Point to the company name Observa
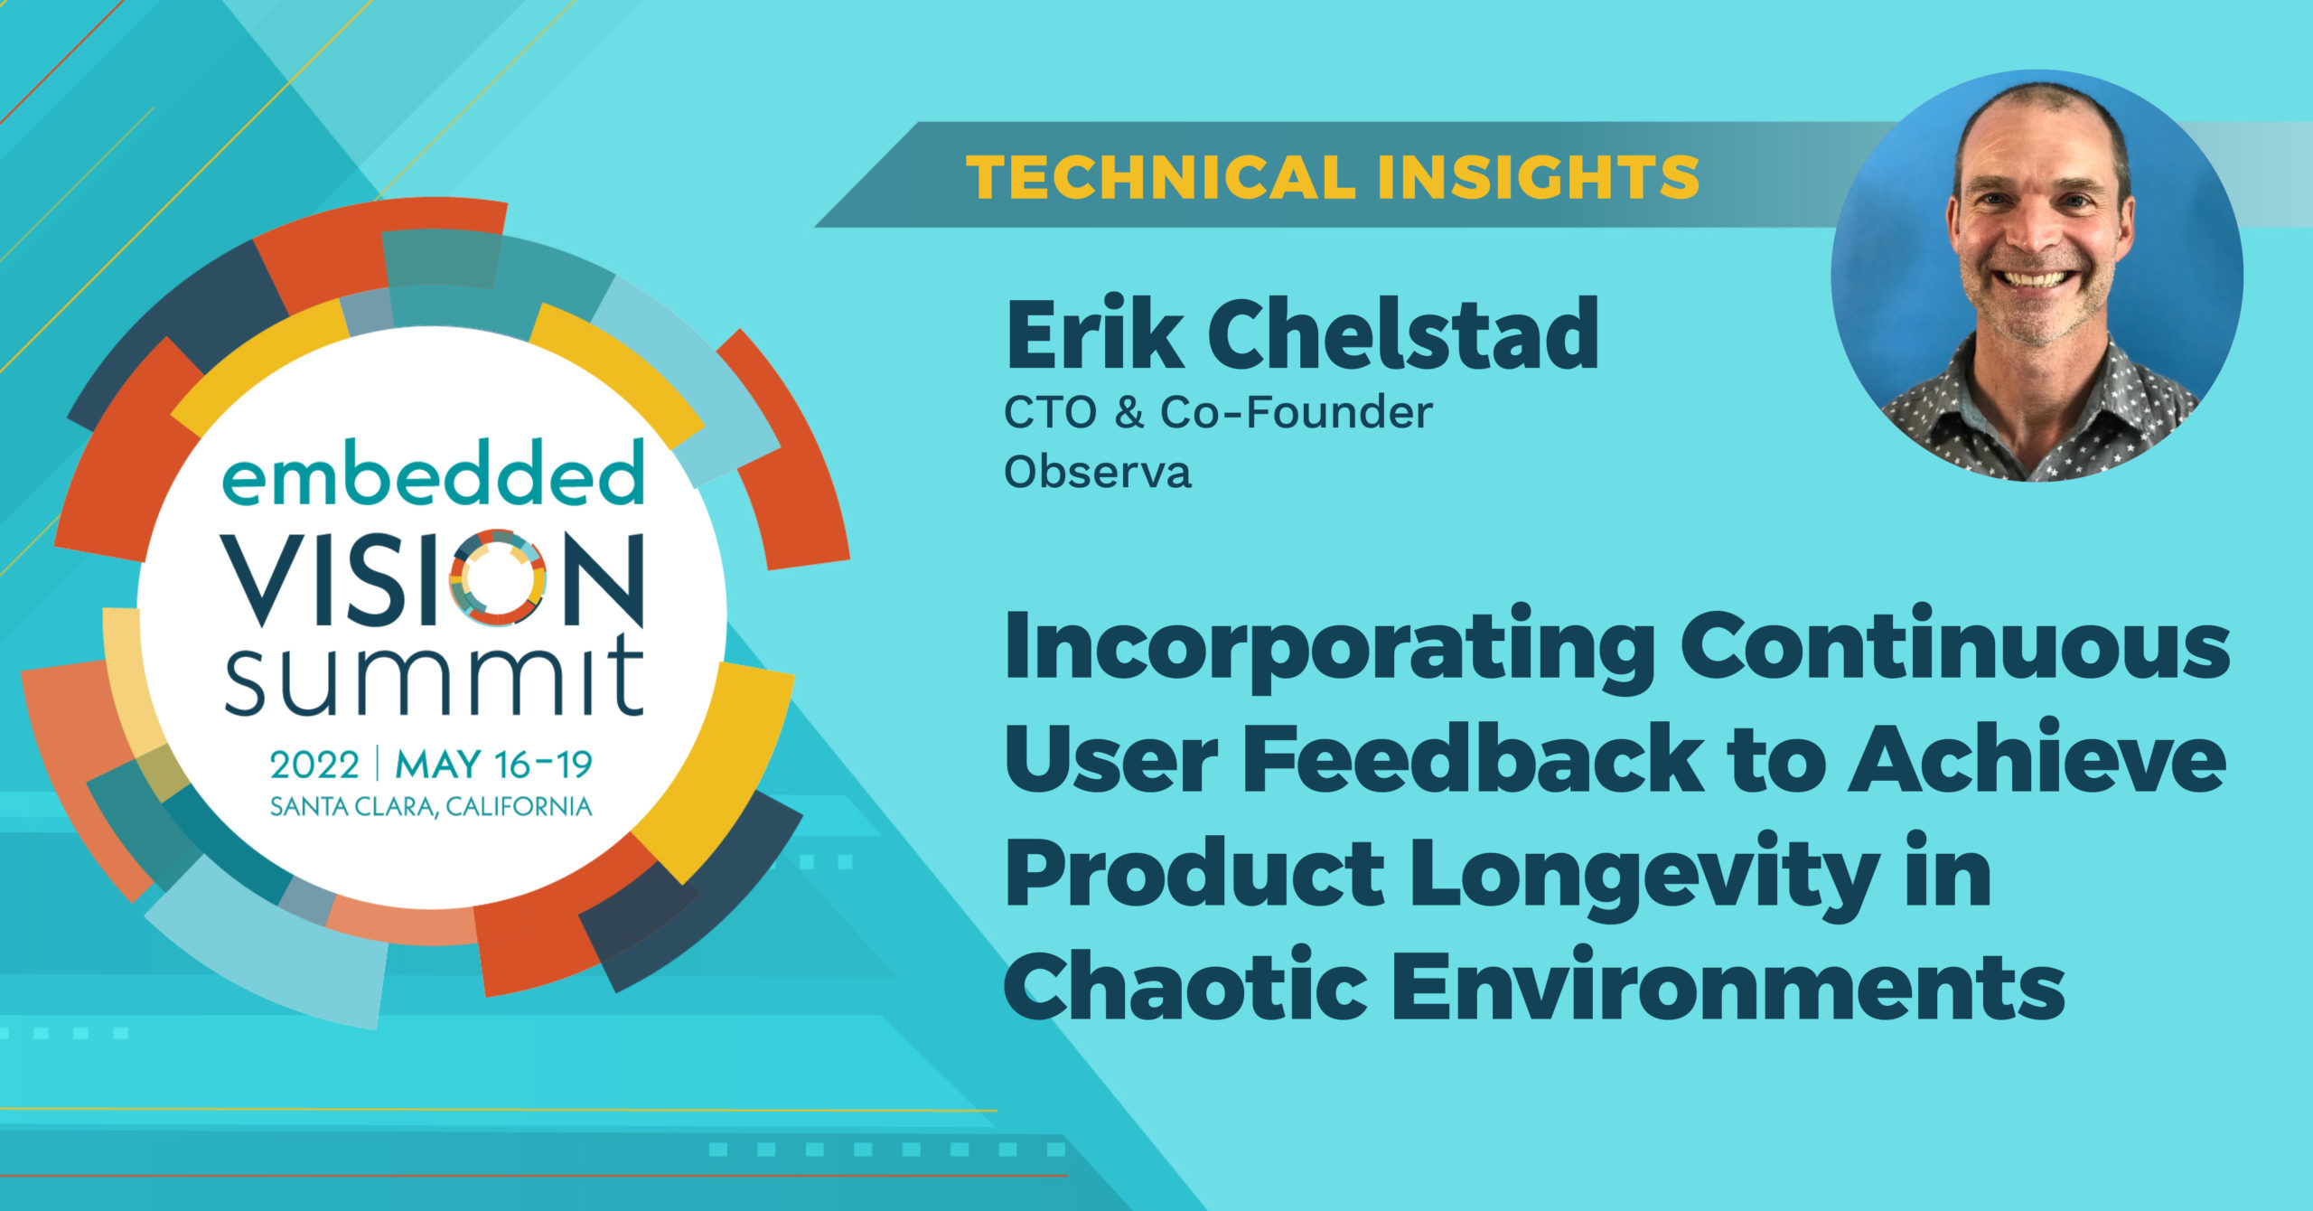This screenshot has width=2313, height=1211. [x=1098, y=472]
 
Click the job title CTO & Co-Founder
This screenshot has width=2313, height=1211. [x=1218, y=413]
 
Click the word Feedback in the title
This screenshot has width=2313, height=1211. [x=1473, y=757]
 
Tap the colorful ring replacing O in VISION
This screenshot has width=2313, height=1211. [x=497, y=577]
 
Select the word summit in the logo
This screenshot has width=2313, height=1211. [x=434, y=675]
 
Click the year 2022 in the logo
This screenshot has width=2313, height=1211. [x=314, y=765]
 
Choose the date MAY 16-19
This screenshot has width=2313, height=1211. [x=493, y=765]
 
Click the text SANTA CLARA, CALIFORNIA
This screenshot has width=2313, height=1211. [x=431, y=807]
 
